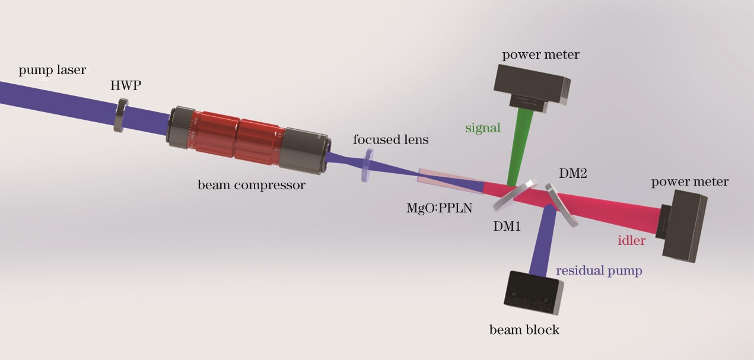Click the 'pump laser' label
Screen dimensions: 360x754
coord(52,71)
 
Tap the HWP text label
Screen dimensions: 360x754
coord(126,86)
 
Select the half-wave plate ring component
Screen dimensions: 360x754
coord(120,115)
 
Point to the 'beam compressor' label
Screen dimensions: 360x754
coord(252,185)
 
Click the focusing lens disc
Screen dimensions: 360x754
coord(368,165)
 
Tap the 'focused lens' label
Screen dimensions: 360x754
coord(390,141)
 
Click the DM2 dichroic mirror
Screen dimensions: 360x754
coord(561,205)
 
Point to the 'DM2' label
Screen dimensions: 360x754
coord(574,173)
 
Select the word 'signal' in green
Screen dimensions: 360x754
coord(483,128)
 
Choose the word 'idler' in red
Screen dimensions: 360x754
coord(631,241)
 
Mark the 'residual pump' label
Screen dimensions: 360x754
coord(599,271)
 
